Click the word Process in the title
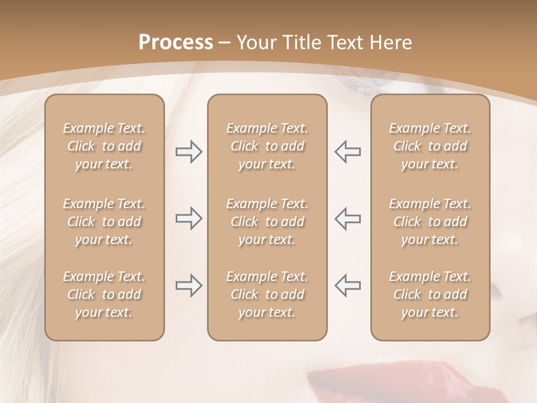176,43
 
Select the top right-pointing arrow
189,152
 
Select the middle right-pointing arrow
189,219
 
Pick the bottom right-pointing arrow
189,285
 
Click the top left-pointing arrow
347,152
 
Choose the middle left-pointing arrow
347,219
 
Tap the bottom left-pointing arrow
347,285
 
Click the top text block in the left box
104,146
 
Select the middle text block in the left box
104,222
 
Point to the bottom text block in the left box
104,294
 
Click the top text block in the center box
267,146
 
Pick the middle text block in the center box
267,222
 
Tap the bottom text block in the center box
267,294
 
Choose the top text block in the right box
430,146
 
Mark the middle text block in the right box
430,222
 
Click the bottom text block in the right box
430,294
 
